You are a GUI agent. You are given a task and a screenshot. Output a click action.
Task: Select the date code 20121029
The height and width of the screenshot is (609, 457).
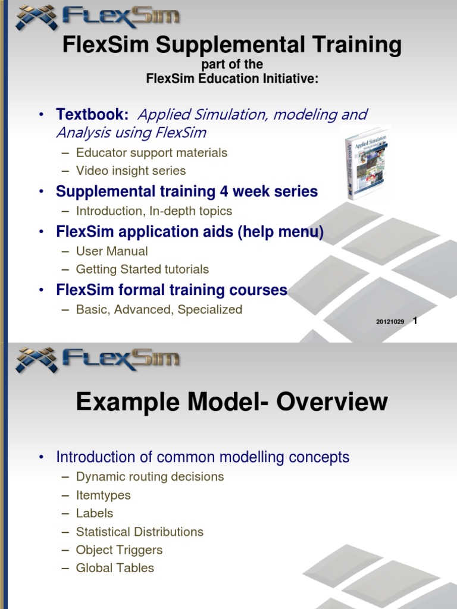[x=390, y=322]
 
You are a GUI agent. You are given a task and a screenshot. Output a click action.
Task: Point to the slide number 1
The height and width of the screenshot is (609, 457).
[x=415, y=321]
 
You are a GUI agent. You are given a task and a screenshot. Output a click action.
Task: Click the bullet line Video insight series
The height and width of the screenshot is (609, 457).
[x=130, y=171]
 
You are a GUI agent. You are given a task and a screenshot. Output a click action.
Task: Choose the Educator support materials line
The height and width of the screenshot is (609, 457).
[x=151, y=153]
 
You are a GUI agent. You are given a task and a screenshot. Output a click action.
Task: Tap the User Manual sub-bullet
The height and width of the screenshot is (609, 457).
[x=112, y=251]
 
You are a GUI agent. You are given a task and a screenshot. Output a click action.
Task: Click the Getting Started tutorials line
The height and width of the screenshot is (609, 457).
[x=142, y=269]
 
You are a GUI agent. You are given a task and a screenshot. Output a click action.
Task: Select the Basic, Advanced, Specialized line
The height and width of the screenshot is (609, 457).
[x=159, y=310]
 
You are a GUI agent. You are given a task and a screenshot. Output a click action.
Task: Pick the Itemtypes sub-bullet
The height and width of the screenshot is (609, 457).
[x=103, y=495]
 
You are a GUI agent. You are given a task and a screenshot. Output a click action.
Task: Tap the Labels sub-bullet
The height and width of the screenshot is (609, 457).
[x=94, y=513]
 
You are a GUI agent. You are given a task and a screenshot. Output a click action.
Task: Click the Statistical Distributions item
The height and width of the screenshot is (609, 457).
[x=139, y=532]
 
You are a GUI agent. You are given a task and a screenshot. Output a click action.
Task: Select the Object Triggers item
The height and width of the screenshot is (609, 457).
[x=119, y=550]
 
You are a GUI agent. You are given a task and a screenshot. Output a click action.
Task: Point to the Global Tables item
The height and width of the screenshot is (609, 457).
[x=115, y=569]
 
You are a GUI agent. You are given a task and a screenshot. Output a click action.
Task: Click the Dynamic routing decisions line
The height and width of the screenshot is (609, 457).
[x=149, y=477]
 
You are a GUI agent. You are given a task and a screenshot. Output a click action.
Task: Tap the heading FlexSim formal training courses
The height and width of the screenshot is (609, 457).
[x=171, y=290]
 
